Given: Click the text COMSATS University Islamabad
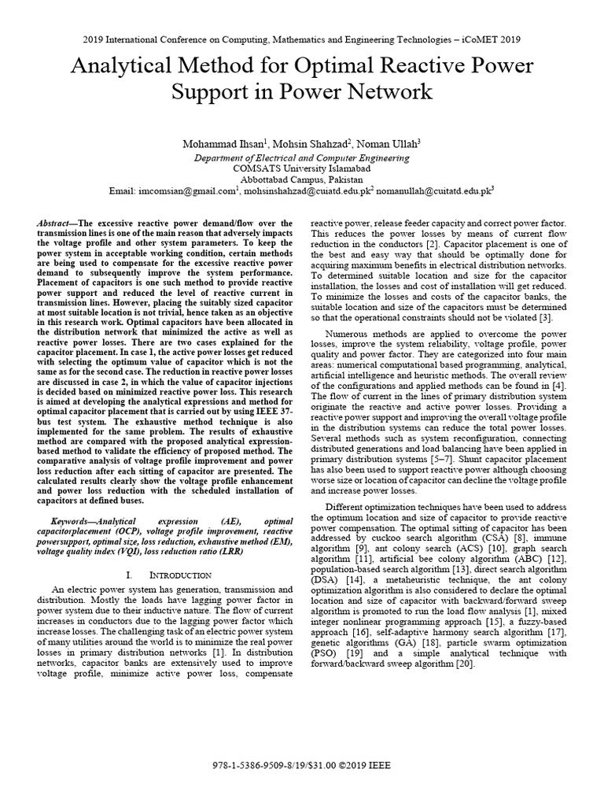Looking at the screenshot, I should coord(302,168).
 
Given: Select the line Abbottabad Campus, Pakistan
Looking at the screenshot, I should coord(302,179).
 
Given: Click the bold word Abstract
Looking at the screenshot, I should coord(53,224).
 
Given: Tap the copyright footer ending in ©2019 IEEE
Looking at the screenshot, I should coord(302,765).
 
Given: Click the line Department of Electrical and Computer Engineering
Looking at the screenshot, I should coord(302,157).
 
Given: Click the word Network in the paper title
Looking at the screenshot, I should coord(385,92).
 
